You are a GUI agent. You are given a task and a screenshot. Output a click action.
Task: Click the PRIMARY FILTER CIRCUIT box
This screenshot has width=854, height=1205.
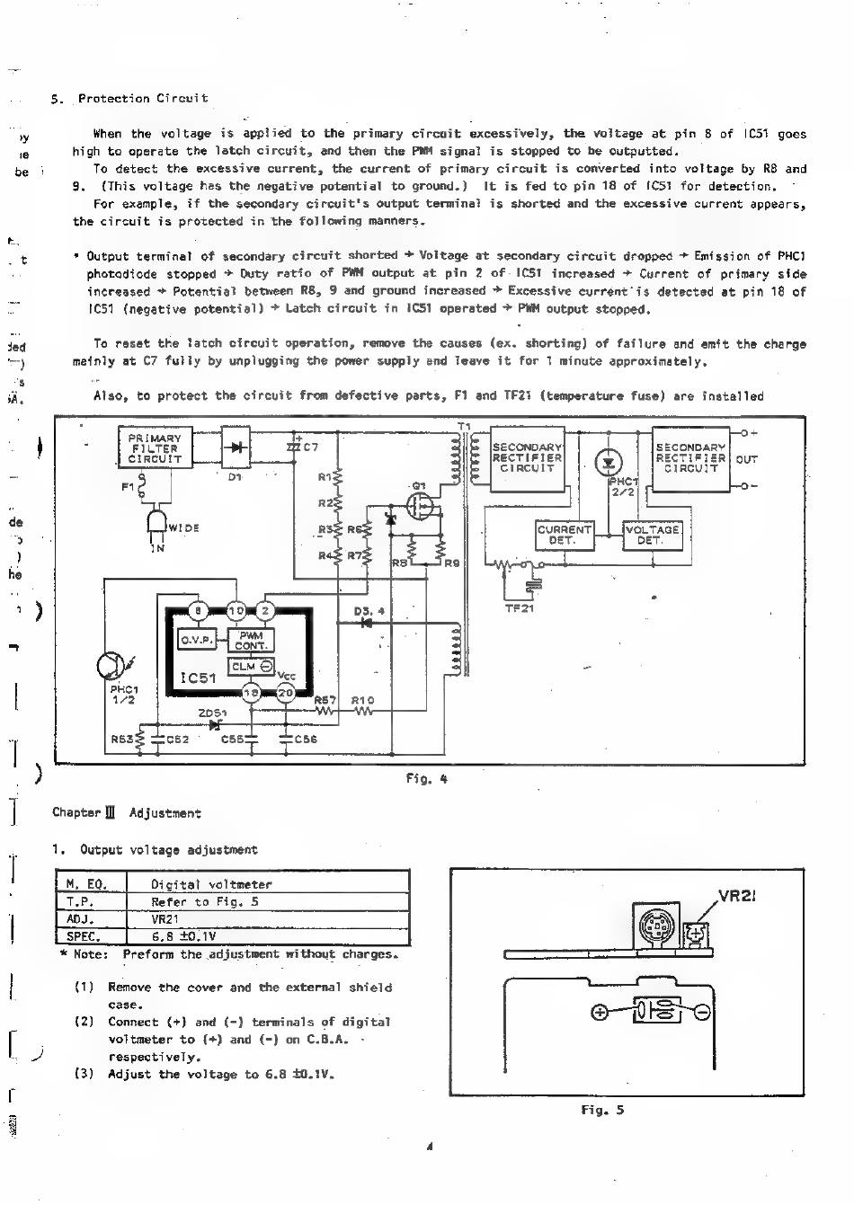(156, 447)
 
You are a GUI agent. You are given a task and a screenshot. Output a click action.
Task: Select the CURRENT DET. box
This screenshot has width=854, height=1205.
(563, 536)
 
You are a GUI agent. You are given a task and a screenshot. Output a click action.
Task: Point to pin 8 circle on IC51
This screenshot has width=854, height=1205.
(200, 611)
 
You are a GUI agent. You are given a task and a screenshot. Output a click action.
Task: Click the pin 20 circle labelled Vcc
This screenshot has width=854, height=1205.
(285, 693)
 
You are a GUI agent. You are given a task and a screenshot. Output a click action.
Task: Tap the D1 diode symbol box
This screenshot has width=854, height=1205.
(236, 447)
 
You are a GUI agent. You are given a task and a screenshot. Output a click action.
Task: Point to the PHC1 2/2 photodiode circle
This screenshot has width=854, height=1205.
(609, 463)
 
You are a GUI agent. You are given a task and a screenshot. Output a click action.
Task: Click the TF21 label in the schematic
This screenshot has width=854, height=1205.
(520, 608)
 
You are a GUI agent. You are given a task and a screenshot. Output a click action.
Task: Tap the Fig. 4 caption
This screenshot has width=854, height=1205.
(426, 779)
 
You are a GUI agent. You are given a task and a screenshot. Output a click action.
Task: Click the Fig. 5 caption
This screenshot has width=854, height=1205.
(602, 1110)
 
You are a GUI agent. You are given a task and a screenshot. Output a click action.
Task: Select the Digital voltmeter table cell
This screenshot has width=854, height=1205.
(211, 884)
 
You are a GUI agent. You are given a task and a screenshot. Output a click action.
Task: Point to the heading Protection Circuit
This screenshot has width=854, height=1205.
(143, 98)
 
